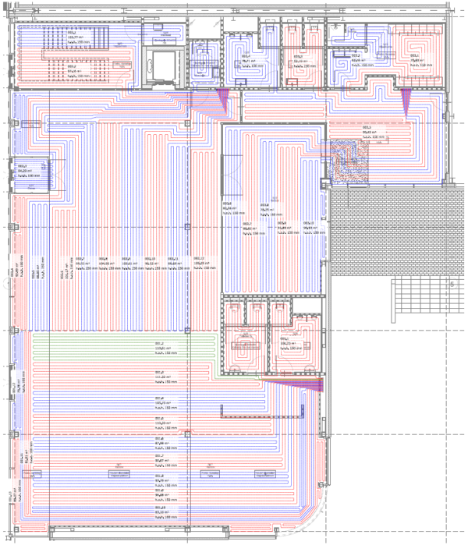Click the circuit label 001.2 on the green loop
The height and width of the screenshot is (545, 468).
click(x=158, y=345)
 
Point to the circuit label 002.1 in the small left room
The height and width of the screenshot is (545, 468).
click(x=23, y=166)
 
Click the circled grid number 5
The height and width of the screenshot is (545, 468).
click(x=452, y=285)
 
